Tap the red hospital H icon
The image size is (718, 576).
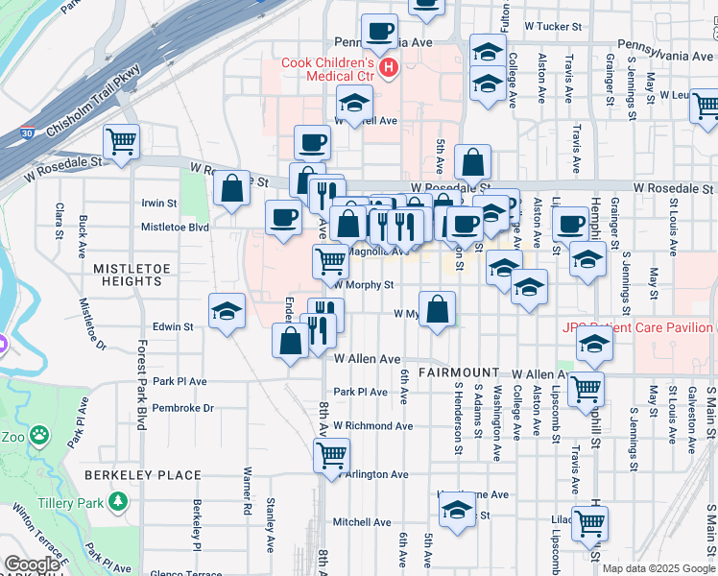pyautogui.click(x=389, y=68)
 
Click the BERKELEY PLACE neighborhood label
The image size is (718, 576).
pyautogui.click(x=142, y=475)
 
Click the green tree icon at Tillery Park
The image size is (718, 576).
pyautogui.click(x=118, y=501)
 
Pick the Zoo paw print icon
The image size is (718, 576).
pyautogui.click(x=39, y=436)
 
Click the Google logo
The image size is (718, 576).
pyautogui.click(x=32, y=564)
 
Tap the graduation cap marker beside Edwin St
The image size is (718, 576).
pyautogui.click(x=227, y=311)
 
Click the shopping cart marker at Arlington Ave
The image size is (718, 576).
pyautogui.click(x=331, y=454)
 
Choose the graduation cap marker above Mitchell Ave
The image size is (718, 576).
pyautogui.click(x=457, y=510)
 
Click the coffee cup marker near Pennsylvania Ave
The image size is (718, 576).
pyautogui.click(x=379, y=31)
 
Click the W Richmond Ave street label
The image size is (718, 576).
pyautogui.click(x=372, y=425)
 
